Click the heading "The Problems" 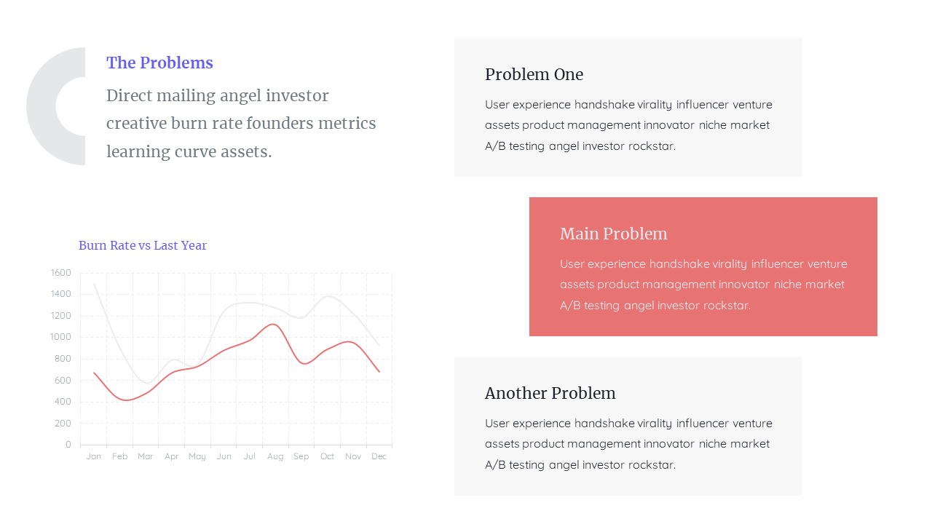coord(159,63)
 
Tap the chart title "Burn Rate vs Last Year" coord(143,245)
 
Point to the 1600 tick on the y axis coord(61,273)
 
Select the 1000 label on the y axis coord(61,337)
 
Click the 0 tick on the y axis coord(68,444)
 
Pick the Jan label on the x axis coord(94,456)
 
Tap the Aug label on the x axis coord(275,456)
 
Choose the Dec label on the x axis coord(379,456)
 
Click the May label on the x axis coord(197,456)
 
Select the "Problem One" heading coord(534,74)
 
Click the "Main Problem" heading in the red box coord(613,234)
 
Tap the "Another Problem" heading coord(550,393)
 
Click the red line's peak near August coord(273,325)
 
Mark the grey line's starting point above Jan coord(95,284)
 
